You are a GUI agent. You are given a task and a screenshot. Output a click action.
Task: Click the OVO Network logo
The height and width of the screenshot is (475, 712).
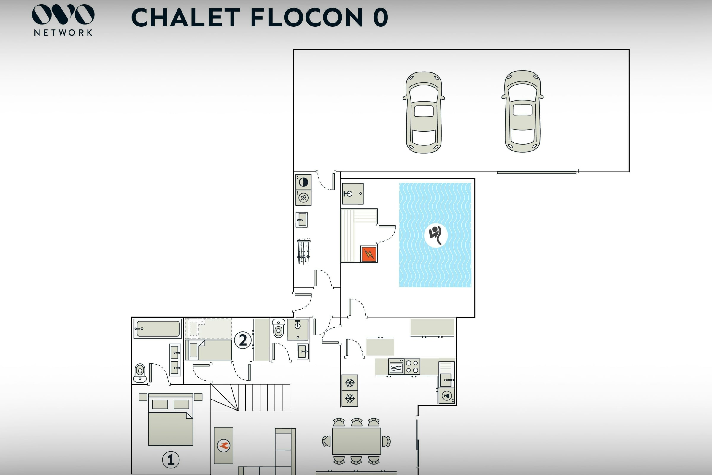pos(63,20)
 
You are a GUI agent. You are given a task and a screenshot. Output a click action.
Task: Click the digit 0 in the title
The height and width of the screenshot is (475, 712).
pos(381,17)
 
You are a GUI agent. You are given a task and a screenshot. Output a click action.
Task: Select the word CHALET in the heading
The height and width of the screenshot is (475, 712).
pos(186,17)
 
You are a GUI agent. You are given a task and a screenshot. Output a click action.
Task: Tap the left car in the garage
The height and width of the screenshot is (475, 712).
pos(424,113)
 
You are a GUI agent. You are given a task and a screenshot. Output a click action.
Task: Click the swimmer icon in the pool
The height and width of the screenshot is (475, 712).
pos(436,235)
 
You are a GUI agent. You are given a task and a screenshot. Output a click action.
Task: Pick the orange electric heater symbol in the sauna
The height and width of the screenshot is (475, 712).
pos(369,254)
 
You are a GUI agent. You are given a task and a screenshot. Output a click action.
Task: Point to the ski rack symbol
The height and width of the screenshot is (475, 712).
pos(303,251)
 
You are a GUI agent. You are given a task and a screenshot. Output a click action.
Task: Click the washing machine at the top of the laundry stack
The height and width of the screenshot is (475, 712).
pos(303,182)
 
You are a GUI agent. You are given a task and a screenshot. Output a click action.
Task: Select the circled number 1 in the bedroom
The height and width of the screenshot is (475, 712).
pos(171,460)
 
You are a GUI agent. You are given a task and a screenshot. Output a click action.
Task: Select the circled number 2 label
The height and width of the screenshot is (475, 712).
pos(243,340)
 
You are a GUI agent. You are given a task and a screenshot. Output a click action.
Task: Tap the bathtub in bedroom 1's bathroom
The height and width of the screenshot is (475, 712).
pos(158,328)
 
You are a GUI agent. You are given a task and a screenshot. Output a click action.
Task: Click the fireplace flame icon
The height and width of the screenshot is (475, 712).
pos(224,446)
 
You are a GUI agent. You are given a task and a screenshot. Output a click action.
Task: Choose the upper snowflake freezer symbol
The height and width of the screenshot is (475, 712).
pos(350,383)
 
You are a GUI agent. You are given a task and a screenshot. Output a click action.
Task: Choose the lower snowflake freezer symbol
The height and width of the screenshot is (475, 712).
pos(350,398)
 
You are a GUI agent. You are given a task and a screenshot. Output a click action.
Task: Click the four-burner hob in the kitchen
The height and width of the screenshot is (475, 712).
pos(412,367)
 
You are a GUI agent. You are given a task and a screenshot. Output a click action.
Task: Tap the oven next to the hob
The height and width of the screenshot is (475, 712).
pos(396,367)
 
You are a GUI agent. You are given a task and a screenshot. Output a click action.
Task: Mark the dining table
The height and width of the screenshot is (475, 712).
pos(356,441)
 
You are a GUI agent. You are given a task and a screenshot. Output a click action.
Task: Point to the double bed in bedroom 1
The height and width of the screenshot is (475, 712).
pos(170,419)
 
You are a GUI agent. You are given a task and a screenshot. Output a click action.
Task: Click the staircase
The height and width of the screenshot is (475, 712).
pos(250,398)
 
